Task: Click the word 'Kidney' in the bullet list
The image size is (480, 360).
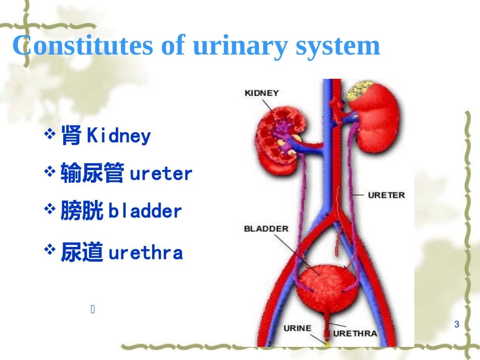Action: [119, 136]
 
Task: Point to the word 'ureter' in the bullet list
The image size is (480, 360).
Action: [161, 174]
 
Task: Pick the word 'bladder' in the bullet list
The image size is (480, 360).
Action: [145, 211]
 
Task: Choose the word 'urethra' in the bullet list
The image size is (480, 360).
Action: [146, 252]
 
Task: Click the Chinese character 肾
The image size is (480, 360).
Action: [71, 135]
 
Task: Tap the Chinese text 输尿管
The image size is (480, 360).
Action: [92, 174]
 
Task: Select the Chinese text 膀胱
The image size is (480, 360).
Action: [82, 211]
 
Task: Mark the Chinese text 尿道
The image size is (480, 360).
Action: [82, 252]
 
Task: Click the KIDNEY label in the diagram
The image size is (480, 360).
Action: [261, 93]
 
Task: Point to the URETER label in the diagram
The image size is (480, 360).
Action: [387, 195]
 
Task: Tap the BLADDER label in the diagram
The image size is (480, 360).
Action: [266, 229]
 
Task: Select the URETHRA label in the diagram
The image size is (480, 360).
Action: [355, 333]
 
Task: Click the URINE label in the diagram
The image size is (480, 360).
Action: [297, 328]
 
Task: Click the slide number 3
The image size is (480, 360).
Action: [457, 324]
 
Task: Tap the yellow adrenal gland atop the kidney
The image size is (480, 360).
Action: [360, 89]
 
